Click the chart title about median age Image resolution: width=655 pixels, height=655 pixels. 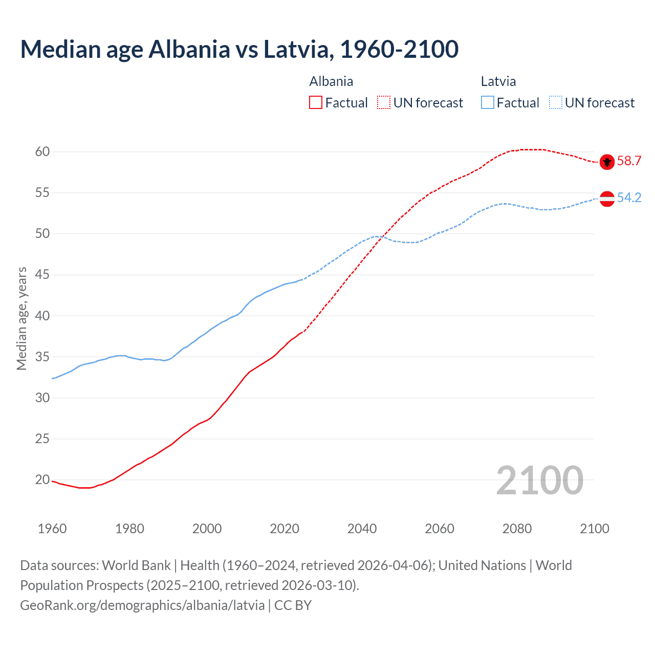coord(239,49)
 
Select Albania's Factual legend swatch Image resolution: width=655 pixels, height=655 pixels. coord(316,103)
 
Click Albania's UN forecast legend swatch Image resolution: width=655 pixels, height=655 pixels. coord(384,103)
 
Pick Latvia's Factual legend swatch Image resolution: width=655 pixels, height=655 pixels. coord(488,103)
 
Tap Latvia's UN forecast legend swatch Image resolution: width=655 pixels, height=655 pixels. coord(556,103)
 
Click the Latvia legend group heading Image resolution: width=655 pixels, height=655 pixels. coord(498,81)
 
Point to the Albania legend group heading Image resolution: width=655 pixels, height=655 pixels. coord(331,81)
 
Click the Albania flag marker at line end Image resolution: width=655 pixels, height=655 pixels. coord(607,162)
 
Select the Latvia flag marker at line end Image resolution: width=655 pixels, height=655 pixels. coord(607,199)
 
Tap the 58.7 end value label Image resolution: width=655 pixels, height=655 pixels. coord(629,161)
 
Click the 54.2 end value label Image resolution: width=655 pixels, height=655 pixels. coord(629,198)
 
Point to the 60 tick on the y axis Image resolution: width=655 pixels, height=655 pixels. coord(42,152)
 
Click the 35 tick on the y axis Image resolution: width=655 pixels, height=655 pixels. coord(42,357)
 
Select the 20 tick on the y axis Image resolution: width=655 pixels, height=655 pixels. coord(42,480)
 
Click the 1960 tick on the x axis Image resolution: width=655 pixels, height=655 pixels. coord(52,529)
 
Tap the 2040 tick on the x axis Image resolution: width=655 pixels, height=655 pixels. coord(362,529)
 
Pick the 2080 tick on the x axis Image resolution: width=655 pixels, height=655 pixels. coord(517,529)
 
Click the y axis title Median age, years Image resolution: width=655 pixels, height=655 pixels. coord(21,318)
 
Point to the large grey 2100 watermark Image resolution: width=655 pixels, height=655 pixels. coord(540,480)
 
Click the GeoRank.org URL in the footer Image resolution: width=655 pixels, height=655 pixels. coord(142,605)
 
